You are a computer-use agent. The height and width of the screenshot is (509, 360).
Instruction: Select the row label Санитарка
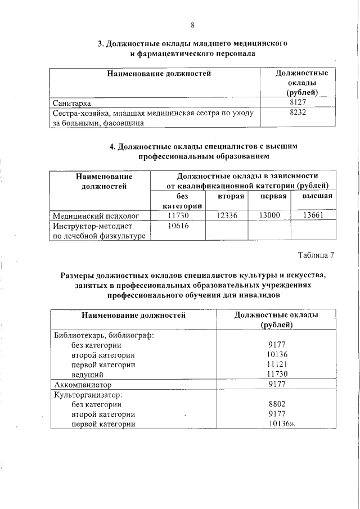point(72,103)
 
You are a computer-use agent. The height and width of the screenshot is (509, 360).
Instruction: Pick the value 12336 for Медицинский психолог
point(227,215)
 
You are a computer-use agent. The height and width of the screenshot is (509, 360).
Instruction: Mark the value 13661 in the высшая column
point(313,215)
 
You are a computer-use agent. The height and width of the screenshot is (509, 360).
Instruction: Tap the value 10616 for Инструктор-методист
point(178,226)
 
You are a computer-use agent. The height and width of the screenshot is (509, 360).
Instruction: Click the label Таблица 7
point(316,255)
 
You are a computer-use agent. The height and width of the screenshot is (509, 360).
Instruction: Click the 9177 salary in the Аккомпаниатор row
point(277,385)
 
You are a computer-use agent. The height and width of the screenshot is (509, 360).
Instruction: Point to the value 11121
point(277,364)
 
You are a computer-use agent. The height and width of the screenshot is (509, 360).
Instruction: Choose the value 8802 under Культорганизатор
point(277,404)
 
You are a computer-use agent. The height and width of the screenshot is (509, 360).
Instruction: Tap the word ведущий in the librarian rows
point(87,375)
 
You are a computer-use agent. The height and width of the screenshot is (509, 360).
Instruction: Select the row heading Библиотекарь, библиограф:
point(103,335)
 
